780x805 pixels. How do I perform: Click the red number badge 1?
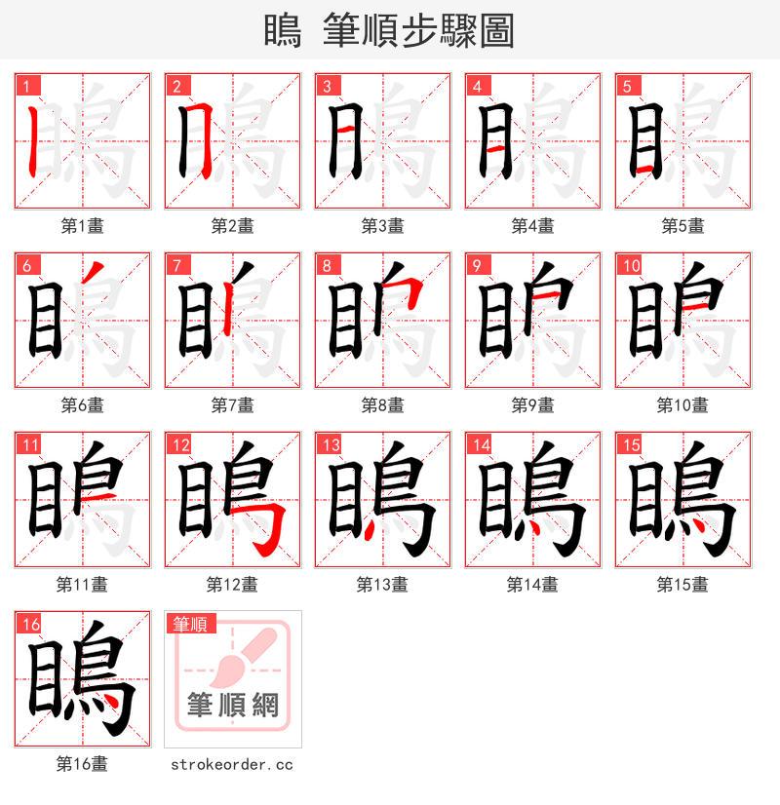pyautogui.click(x=24, y=86)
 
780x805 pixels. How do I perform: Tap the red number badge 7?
pyautogui.click(x=175, y=265)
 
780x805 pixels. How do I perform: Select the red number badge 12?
pyautogui.click(x=178, y=445)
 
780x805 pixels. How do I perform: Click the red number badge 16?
pyautogui.click(x=28, y=625)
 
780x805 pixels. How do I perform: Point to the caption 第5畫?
pyautogui.click(x=682, y=226)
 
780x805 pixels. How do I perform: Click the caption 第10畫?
pyautogui.click(x=682, y=405)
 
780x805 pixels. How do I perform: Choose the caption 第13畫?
pyautogui.click(x=382, y=585)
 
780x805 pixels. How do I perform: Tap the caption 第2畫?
pyautogui.click(x=232, y=226)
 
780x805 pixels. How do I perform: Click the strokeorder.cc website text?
pyautogui.click(x=231, y=765)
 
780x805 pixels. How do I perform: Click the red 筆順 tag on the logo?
pyautogui.click(x=191, y=624)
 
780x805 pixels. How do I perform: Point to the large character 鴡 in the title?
pyautogui.click(x=282, y=30)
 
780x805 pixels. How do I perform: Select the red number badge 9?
pyautogui.click(x=476, y=265)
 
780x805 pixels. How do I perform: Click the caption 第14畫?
pyautogui.click(x=532, y=585)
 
